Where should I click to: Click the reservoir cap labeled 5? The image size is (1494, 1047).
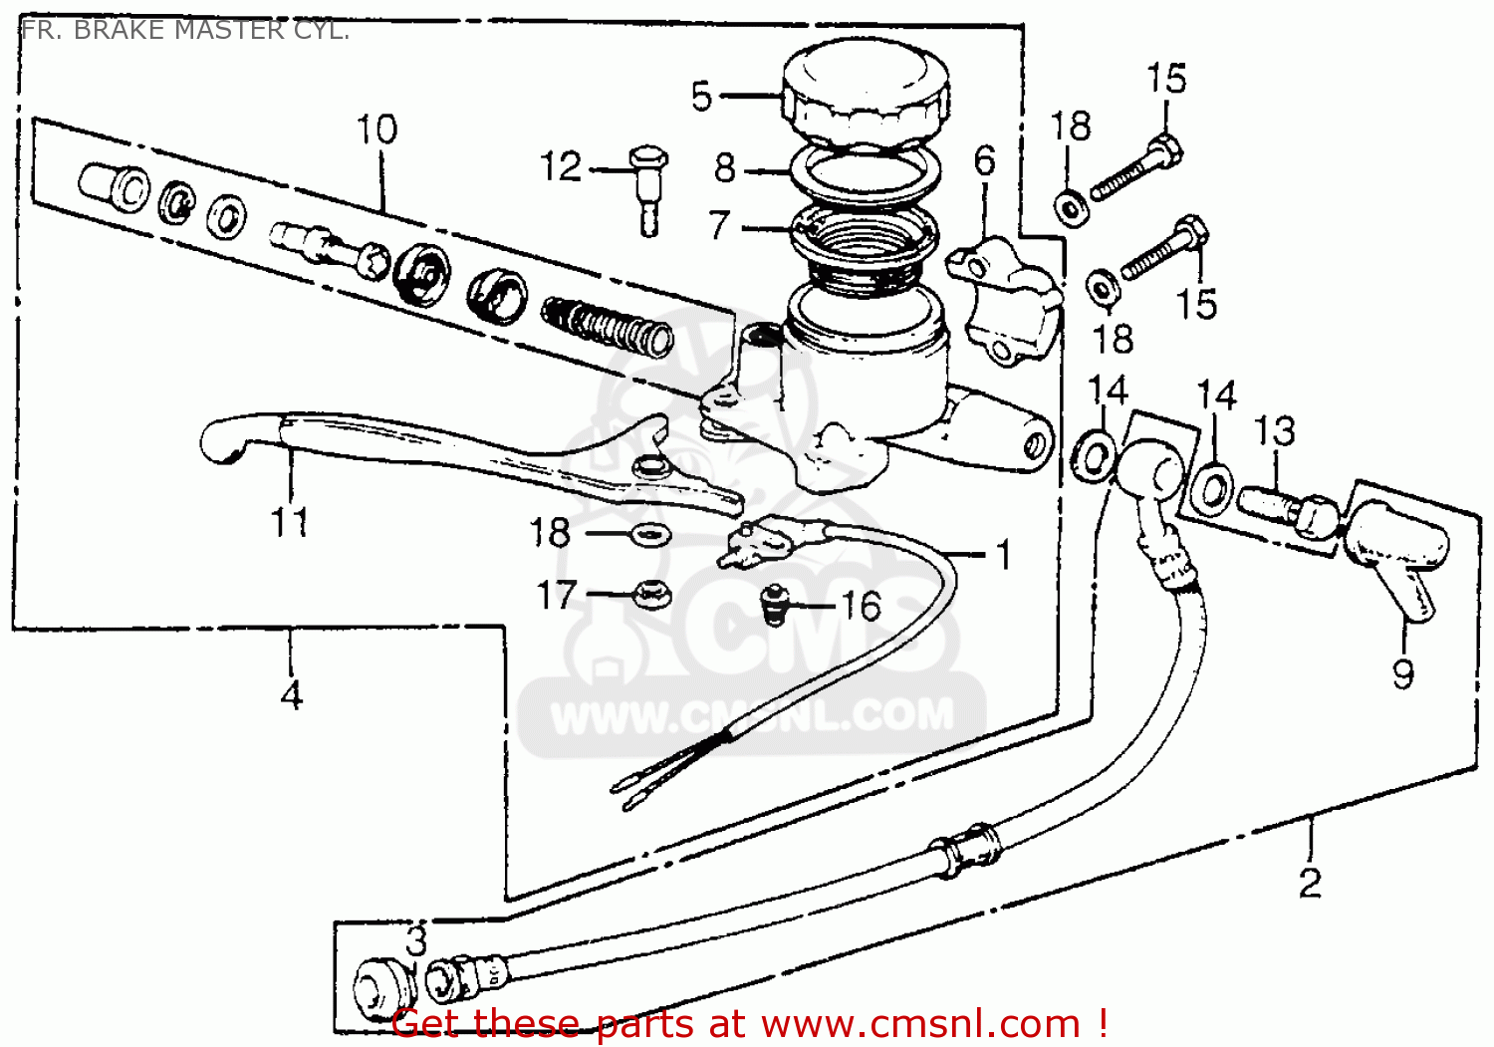pos(865,95)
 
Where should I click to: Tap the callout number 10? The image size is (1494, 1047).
pos(376,130)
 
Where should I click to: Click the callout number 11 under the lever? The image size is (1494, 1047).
pos(290,521)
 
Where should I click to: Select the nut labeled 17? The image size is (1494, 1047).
pos(651,595)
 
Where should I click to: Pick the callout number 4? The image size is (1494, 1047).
pos(291,694)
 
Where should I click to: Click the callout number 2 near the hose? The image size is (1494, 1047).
pos(1310,882)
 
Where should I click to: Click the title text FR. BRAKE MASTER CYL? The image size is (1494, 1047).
pos(185,30)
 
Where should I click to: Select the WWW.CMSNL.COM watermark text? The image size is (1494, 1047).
pos(752,716)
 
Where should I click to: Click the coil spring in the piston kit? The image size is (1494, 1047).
pos(608,325)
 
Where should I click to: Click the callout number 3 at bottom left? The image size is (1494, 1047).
pos(416,940)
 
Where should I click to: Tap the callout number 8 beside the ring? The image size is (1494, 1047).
pos(725,168)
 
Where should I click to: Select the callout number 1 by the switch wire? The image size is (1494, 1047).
pos(1004,555)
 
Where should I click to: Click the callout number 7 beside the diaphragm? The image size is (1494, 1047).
pos(720,225)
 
